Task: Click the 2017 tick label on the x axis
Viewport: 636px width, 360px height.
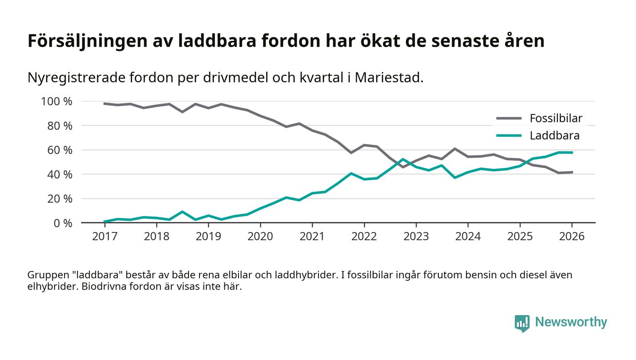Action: tap(104, 237)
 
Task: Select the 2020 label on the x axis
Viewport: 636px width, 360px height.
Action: tap(260, 237)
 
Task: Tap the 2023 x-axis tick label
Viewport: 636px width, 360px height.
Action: tap(416, 237)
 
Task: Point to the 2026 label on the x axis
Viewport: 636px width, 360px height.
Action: tap(572, 237)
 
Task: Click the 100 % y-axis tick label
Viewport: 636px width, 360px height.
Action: tap(56, 101)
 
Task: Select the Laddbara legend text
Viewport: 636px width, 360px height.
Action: tap(555, 135)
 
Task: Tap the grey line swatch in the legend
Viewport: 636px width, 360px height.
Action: tap(509, 118)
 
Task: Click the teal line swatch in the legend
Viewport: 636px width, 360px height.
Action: tap(509, 135)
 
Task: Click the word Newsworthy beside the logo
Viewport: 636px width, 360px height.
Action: tap(571, 322)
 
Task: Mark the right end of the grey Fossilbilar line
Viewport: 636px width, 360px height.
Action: tap(572, 172)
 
